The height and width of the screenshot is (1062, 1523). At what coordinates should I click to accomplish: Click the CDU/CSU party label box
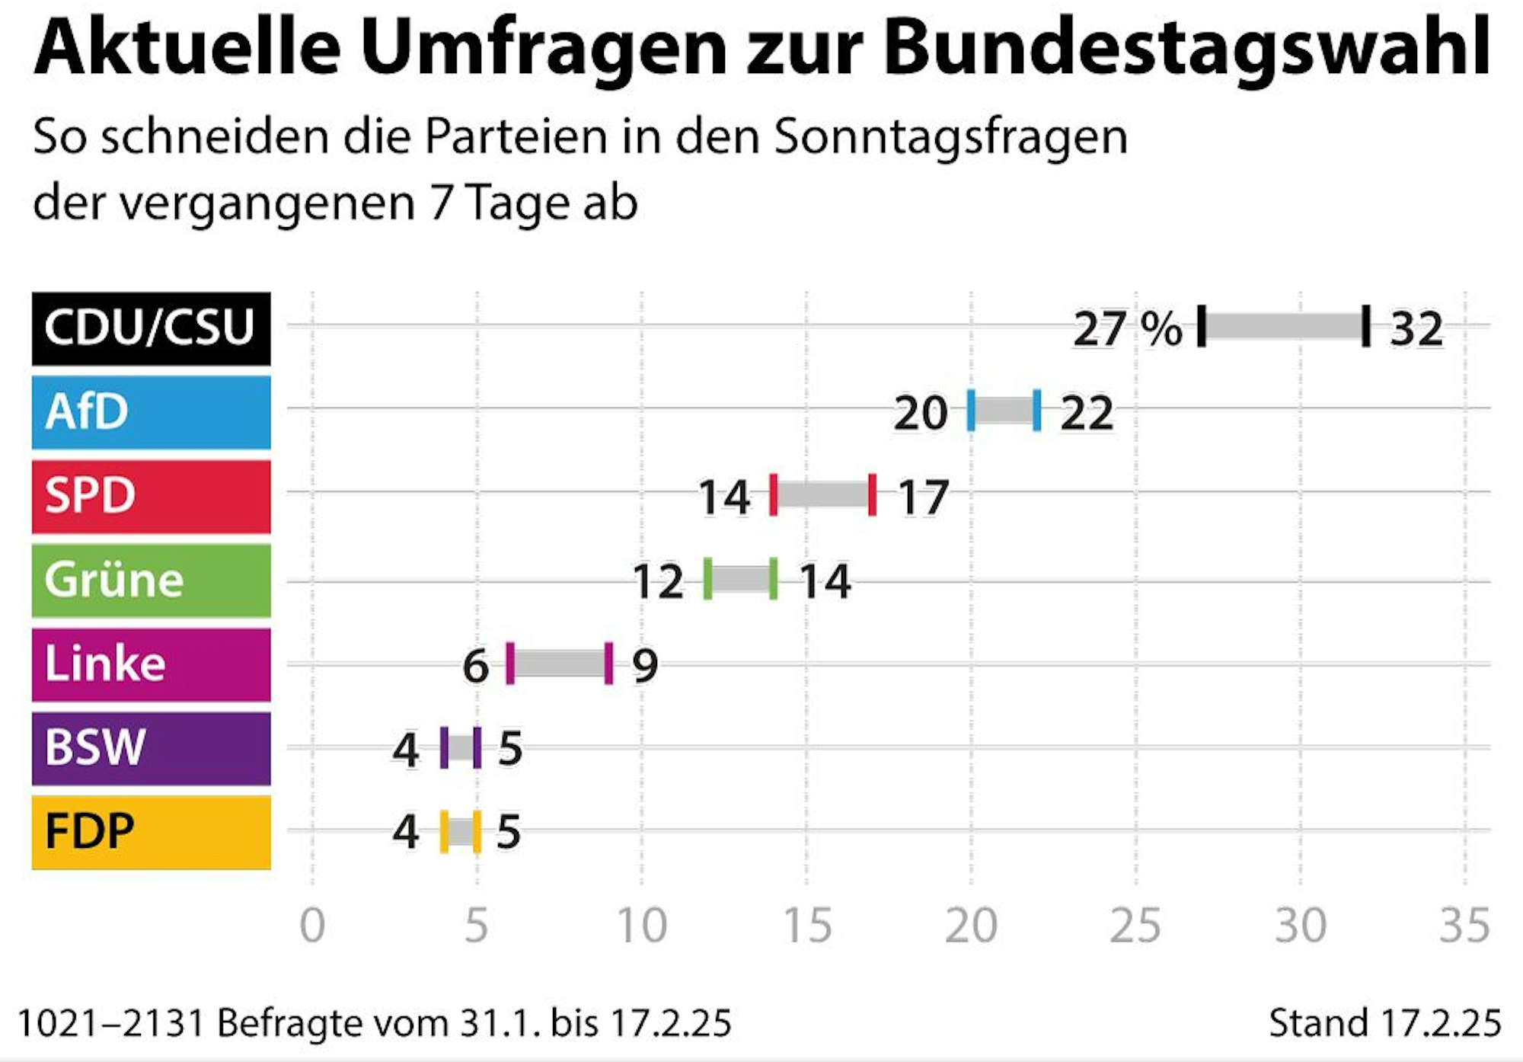click(151, 328)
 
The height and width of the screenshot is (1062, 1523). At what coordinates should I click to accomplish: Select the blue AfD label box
click(151, 412)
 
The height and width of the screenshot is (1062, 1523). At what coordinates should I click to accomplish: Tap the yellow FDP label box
click(151, 832)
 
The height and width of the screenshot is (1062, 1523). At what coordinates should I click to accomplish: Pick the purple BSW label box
click(151, 748)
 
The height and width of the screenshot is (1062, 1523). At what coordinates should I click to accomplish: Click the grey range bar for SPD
click(822, 495)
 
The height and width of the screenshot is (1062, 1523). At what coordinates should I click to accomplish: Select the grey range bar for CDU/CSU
click(1284, 326)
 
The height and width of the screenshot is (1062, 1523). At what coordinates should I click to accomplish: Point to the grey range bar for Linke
click(559, 664)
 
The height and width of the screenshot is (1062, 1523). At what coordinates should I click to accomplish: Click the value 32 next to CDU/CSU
click(1416, 330)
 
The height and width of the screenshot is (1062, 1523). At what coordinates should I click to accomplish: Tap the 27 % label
click(1127, 330)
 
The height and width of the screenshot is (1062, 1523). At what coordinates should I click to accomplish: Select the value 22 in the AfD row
click(1087, 414)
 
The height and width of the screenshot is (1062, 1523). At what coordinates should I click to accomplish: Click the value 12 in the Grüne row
click(658, 582)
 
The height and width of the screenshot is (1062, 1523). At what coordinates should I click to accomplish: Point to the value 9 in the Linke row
click(645, 666)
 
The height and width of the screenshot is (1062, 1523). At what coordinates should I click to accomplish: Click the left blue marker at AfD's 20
click(971, 410)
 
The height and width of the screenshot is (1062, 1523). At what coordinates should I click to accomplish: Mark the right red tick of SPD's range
click(872, 494)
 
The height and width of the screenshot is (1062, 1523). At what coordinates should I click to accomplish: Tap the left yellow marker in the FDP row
click(444, 832)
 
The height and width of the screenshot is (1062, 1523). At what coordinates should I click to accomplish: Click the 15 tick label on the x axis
click(807, 926)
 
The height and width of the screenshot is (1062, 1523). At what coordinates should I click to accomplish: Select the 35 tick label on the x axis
click(1464, 926)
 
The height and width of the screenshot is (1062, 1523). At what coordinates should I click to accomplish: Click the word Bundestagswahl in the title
click(1186, 47)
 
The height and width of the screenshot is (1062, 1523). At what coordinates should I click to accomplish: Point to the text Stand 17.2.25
click(1384, 1022)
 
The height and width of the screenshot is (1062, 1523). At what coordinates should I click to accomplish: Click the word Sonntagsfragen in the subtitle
click(950, 137)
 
